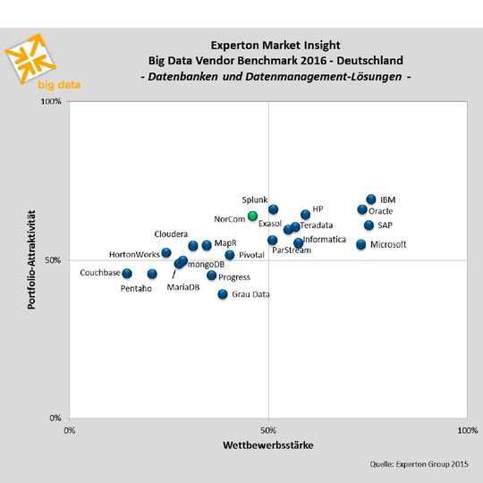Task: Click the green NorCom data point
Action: click(252, 216)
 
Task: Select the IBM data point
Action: click(371, 199)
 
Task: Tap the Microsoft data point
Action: click(361, 244)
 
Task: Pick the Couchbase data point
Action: click(127, 273)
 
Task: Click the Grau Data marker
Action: click(223, 293)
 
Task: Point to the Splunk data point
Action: click(273, 209)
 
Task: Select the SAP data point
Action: click(369, 225)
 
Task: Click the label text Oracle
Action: click(381, 211)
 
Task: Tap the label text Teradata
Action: click(317, 225)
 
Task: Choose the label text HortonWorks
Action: click(134, 255)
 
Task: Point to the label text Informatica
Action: click(324, 240)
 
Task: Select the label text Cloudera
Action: click(171, 233)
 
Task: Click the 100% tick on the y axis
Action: click(52, 102)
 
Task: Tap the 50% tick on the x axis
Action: click(268, 430)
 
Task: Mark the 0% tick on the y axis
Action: click(55, 418)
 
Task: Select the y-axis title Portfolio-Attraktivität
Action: click(31, 259)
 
